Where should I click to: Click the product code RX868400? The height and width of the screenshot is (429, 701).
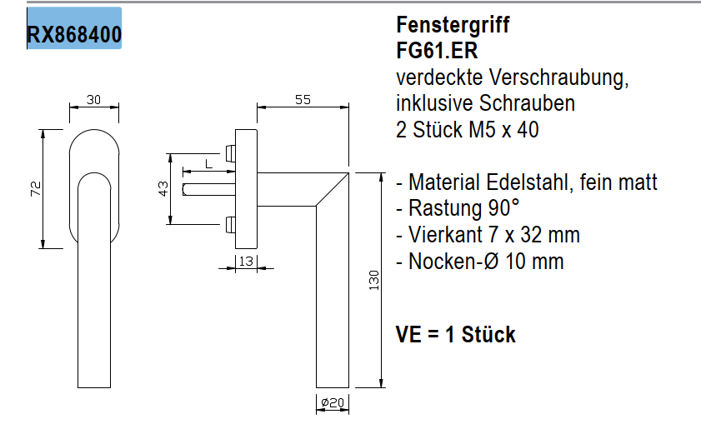[x=74, y=35]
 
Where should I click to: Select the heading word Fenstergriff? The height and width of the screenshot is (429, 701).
[x=453, y=25]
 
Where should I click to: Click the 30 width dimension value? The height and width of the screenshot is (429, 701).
[x=93, y=100]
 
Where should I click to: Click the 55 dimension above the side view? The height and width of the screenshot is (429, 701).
[x=303, y=100]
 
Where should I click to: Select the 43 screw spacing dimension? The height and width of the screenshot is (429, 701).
[x=164, y=189]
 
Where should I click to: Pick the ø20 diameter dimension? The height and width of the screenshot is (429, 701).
[x=333, y=404]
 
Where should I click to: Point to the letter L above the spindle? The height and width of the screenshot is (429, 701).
[x=207, y=163]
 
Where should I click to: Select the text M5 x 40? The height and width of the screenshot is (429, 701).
[x=503, y=130]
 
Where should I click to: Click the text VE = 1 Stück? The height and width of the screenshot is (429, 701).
[x=456, y=335]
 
